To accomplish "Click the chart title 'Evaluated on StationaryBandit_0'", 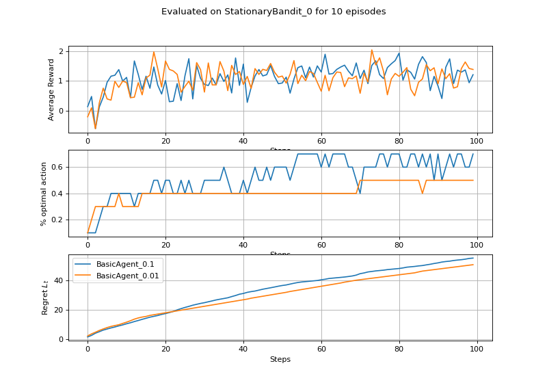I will pyautogui.click(x=273, y=12).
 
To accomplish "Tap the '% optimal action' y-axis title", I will pyautogui.click(x=44, y=194).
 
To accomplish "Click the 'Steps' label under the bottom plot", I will pyautogui.click(x=280, y=359).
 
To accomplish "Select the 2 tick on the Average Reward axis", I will pyautogui.click(x=61, y=51).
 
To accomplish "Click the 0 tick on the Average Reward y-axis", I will pyautogui.click(x=61, y=111).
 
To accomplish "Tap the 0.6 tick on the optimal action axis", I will pyautogui.click(x=57, y=167).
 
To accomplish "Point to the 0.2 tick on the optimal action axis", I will pyautogui.click(x=57, y=220).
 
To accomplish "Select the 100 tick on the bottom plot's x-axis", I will pyautogui.click(x=477, y=349).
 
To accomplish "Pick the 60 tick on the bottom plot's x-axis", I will pyautogui.click(x=321, y=349).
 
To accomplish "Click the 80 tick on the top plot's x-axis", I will pyautogui.click(x=399, y=142).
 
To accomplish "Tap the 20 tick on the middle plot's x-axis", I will pyautogui.click(x=165, y=246).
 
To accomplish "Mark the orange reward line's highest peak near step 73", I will pyautogui.click(x=372, y=50).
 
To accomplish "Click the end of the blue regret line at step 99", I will pyautogui.click(x=473, y=258).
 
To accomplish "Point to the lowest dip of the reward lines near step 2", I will pyautogui.click(x=95, y=129).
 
